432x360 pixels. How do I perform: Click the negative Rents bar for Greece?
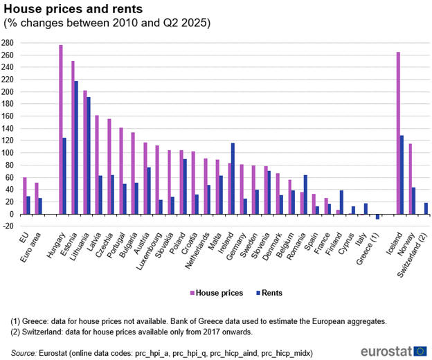[x=378, y=217]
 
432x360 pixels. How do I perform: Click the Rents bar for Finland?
[x=341, y=202]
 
